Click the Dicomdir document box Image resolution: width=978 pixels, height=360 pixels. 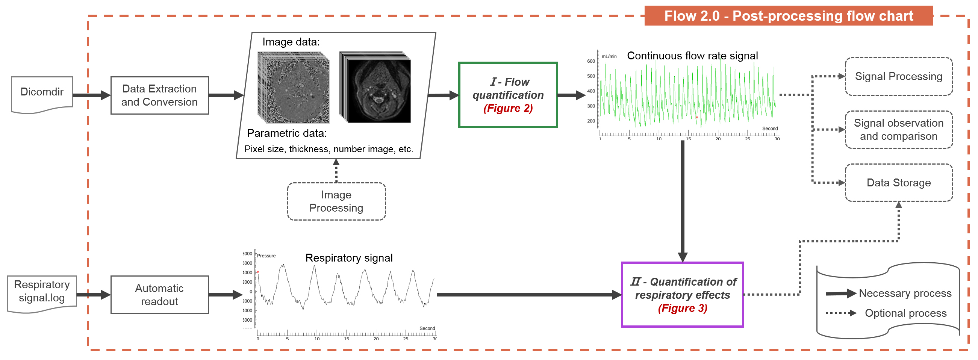pos(42,94)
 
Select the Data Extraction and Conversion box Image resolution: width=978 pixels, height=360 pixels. pos(159,95)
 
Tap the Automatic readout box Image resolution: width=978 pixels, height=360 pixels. pos(159,295)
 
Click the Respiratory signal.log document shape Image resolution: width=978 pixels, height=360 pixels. pos(42,293)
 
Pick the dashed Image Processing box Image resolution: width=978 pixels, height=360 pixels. pos(336,201)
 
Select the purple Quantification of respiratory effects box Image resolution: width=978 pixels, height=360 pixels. pos(682,294)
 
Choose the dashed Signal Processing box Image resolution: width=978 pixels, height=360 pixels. pos(898,76)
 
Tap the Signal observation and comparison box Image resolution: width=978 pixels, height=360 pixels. pos(898,130)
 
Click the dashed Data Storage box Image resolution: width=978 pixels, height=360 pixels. pos(898,183)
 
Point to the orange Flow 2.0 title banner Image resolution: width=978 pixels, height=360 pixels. pos(788,16)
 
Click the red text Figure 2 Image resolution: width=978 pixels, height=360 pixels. pos(508,109)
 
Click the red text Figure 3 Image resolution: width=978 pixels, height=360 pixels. pos(682,309)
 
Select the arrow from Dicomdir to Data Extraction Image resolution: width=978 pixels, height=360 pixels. pos(91,95)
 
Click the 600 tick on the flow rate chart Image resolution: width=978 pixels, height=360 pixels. pos(591,61)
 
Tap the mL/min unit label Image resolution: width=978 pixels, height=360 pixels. pos(609,56)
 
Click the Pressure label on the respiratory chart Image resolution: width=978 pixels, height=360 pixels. pos(266,256)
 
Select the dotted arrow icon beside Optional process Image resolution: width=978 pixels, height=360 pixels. pos(840,313)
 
